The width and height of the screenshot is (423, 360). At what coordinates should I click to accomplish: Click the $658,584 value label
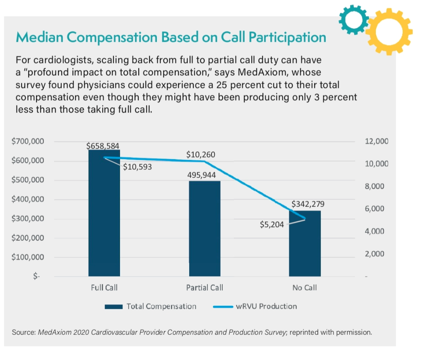coord(103,146)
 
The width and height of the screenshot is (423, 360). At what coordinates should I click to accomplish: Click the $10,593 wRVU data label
coord(137,168)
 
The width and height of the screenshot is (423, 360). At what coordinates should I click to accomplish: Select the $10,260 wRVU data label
coord(201,155)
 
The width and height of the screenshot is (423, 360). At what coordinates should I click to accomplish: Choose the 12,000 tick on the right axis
coord(376,142)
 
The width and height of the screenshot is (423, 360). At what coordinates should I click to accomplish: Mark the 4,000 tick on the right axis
coord(376,231)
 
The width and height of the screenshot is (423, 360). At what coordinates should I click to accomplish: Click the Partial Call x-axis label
coord(204,288)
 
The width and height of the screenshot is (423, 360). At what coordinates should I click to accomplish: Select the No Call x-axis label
coord(305,288)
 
